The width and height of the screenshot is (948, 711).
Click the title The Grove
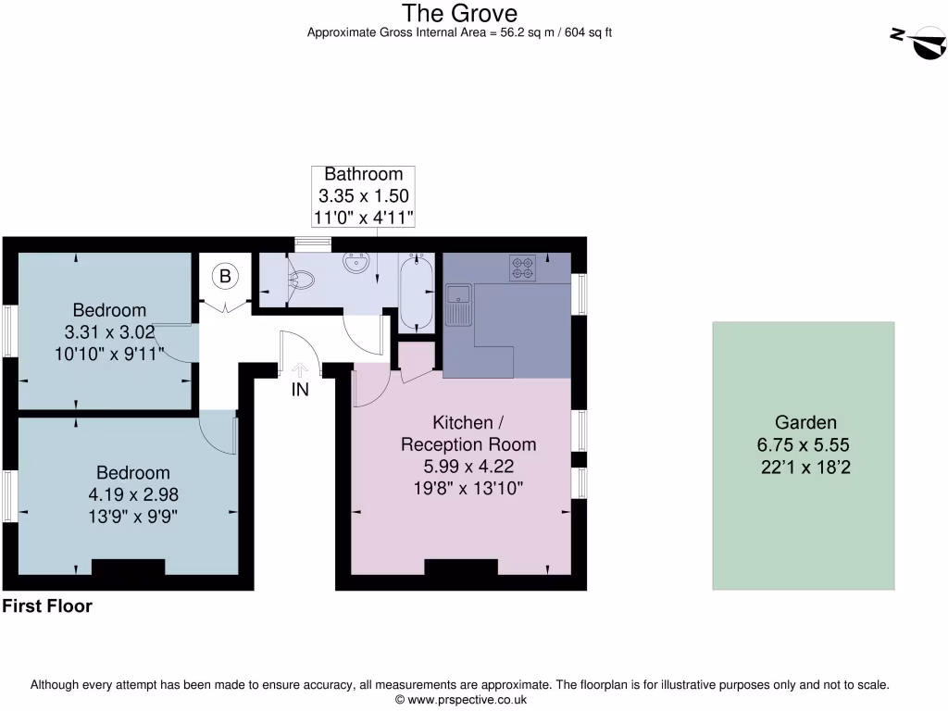pyautogui.click(x=459, y=13)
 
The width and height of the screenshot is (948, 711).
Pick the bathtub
pyautogui.click(x=416, y=292)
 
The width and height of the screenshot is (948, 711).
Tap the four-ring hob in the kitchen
pyautogui.click(x=522, y=268)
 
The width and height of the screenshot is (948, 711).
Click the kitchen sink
pyautogui.click(x=458, y=305)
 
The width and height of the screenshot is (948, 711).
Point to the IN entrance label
pyautogui.click(x=300, y=391)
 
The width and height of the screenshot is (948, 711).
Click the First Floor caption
pyautogui.click(x=47, y=607)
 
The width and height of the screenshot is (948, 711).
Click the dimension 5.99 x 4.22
pyautogui.click(x=468, y=468)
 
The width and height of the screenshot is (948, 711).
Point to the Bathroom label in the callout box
pyautogui.click(x=363, y=174)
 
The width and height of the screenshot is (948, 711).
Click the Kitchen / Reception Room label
pyautogui.click(x=468, y=433)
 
